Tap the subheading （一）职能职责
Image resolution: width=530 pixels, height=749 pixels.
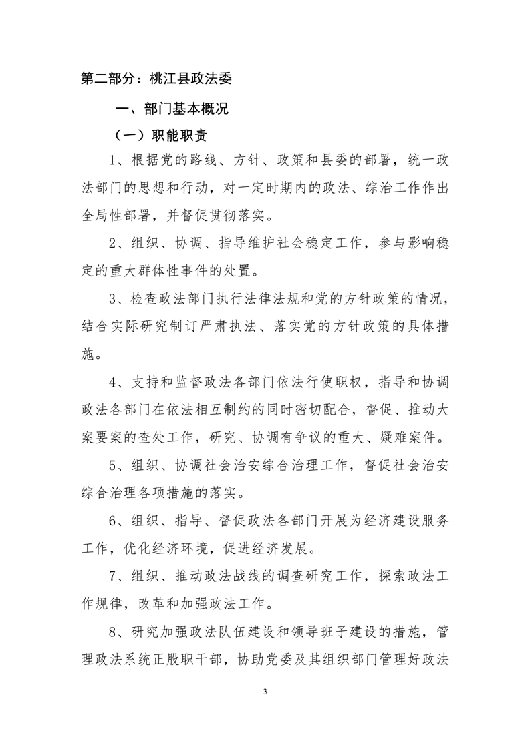tap(160, 136)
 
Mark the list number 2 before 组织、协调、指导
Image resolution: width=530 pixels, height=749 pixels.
tap(114, 244)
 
